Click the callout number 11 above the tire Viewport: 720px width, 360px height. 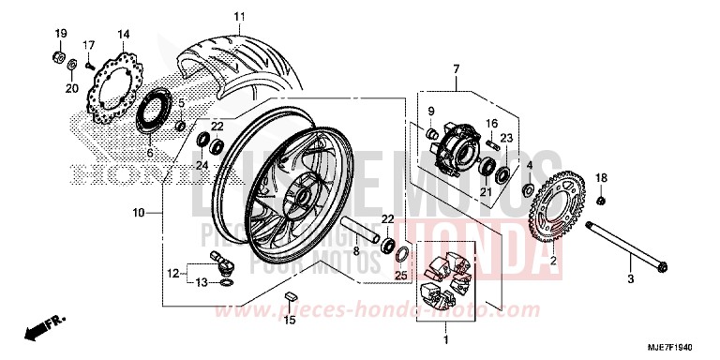click(x=238, y=17)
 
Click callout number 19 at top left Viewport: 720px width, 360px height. click(x=60, y=35)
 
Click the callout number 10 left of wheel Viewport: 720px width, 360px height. click(x=139, y=213)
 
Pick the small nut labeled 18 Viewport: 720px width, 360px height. click(x=600, y=200)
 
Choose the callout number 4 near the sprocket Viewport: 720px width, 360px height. click(x=529, y=166)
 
